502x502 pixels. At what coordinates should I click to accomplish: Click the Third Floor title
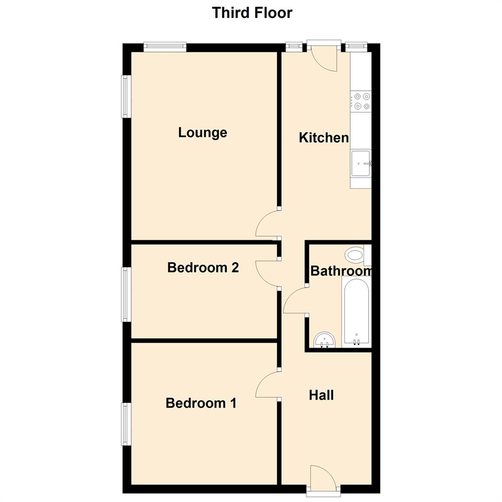coord(252,13)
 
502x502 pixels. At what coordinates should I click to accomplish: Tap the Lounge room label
coord(203,132)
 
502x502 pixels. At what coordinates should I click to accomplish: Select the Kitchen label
coord(324,138)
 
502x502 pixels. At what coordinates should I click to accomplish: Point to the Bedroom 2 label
coord(203,268)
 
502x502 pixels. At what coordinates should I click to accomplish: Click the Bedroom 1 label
coord(201,403)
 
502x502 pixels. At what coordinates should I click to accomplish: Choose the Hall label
coord(321,395)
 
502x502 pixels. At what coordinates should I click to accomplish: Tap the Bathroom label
coord(341,271)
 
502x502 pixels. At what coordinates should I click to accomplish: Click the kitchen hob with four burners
coord(361,101)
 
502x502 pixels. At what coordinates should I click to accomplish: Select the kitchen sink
coord(361,163)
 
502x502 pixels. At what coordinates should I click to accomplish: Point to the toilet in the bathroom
coord(356,255)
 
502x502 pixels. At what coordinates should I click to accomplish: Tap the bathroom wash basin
coord(324,339)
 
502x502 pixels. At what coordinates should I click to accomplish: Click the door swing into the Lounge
coord(267,224)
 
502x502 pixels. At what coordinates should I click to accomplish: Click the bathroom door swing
coord(295,301)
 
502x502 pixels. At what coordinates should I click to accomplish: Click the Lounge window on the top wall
coord(165,46)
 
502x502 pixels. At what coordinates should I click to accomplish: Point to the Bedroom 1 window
coord(126,424)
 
